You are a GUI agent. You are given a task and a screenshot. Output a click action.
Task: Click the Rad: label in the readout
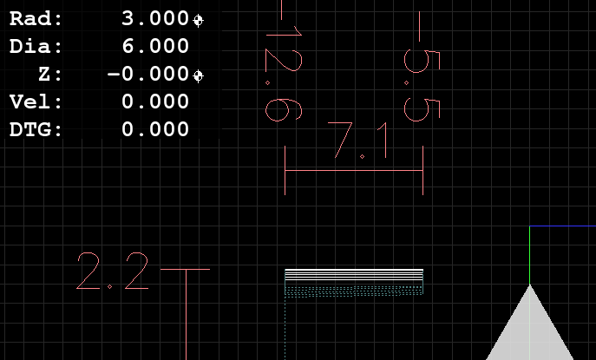tap(36, 18)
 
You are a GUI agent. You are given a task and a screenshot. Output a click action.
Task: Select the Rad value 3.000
tap(155, 18)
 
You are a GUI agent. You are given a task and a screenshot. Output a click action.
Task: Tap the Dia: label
tap(36, 46)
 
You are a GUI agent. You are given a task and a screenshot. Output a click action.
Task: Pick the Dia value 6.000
tap(155, 46)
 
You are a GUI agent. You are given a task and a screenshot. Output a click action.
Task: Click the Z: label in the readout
tap(49, 74)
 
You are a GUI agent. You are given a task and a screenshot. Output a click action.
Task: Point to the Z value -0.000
tap(148, 74)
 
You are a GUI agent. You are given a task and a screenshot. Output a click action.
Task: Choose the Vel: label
tap(36, 101)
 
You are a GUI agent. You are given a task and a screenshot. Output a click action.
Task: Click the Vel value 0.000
tap(155, 101)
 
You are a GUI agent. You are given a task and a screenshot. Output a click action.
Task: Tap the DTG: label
tap(36, 129)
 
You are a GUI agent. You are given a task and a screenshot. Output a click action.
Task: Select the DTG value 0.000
tap(155, 129)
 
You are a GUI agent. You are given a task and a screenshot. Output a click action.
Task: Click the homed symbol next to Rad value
tap(198, 20)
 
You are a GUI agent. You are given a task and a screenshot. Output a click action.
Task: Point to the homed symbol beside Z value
tap(198, 75)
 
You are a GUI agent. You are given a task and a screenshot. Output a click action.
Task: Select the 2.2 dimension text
tap(113, 271)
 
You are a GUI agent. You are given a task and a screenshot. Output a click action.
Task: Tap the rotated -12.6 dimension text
tap(284, 61)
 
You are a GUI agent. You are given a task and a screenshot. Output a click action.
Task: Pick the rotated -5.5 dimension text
tap(422, 67)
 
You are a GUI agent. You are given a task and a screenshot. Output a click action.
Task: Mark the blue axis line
tap(562, 226)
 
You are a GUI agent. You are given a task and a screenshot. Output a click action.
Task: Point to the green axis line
tap(529, 255)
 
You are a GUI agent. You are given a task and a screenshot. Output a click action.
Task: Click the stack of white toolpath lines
tap(354, 275)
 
